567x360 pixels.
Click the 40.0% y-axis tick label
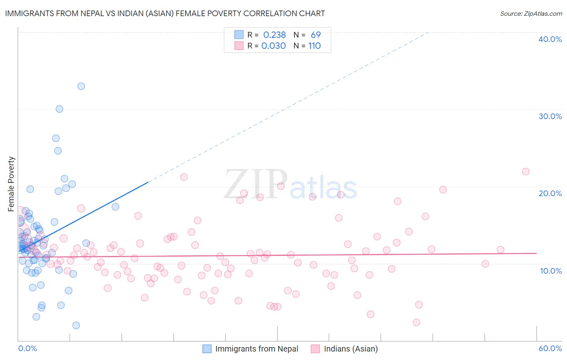[x=550, y=39]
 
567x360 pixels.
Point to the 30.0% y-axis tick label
[x=550, y=116]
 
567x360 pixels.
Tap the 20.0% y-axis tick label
[x=550, y=193]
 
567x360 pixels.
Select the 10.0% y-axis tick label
[x=551, y=271]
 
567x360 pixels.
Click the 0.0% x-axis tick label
[x=27, y=348]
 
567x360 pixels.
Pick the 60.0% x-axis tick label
[x=550, y=348]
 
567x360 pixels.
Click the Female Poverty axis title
[x=11, y=184]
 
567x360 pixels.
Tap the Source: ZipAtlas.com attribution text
[x=531, y=14]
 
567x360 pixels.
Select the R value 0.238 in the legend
[x=274, y=35]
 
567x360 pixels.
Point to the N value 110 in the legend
[x=315, y=46]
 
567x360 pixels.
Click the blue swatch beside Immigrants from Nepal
[x=207, y=349]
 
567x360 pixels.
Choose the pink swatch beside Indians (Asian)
[x=315, y=349]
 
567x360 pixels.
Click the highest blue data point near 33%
[x=81, y=86]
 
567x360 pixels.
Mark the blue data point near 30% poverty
[x=59, y=109]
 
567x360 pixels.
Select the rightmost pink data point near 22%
[x=525, y=172]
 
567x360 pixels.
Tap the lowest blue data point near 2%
[x=76, y=325]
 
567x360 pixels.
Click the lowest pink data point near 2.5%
[x=416, y=322]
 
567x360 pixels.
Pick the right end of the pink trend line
[x=537, y=253]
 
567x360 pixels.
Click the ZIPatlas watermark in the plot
[x=290, y=184]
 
